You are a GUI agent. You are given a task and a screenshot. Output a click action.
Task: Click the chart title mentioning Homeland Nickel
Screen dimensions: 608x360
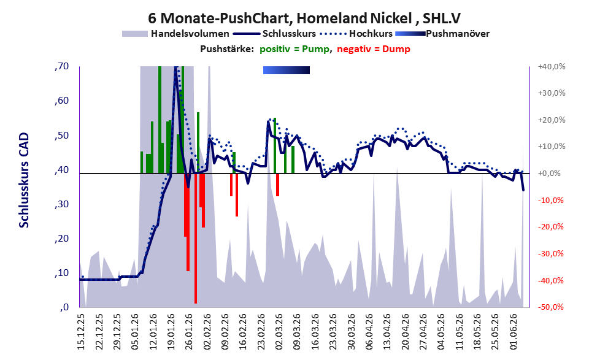304,18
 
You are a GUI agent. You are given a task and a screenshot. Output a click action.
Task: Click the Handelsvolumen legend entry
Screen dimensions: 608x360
175,34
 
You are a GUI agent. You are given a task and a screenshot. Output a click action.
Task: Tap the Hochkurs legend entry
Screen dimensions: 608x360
356,34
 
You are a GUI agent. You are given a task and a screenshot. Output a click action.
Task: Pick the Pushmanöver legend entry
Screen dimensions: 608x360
442,34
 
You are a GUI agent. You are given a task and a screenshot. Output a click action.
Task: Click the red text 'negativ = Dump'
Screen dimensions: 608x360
374,49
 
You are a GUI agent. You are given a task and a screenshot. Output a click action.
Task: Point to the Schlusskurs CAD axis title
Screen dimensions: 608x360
24,180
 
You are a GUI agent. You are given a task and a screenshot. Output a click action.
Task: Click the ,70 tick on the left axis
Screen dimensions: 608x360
61,66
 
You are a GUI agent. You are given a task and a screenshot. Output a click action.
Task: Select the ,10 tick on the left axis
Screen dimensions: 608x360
61,273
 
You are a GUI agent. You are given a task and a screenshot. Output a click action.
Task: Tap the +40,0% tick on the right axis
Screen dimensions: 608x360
552,67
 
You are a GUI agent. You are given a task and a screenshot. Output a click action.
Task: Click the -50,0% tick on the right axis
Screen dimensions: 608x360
550,307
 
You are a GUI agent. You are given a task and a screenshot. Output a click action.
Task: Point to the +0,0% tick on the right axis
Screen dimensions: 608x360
550,173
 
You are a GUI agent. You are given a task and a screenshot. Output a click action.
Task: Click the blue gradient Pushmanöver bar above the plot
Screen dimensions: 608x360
287,70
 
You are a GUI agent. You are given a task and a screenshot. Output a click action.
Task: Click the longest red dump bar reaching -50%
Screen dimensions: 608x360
196,239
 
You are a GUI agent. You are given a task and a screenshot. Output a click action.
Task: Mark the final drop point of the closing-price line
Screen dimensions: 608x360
523,190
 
